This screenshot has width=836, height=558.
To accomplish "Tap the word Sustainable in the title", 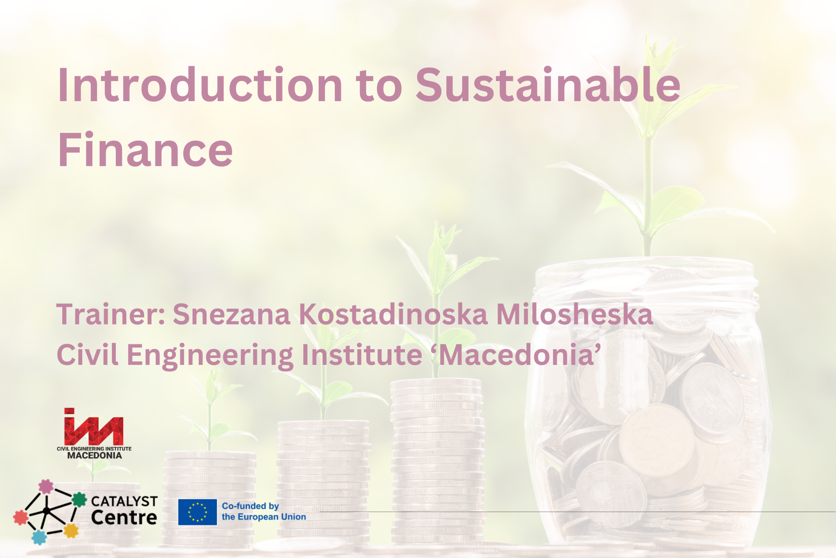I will point(548,86).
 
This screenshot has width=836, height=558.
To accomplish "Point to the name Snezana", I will point(231,314).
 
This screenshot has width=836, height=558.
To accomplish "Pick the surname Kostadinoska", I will point(393,314).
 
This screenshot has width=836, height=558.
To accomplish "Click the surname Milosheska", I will point(574,314).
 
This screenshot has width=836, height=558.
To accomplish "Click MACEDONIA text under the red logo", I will point(94,456).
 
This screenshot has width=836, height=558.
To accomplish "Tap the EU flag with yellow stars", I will point(198,512).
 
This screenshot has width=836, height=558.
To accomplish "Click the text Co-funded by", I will point(250,506).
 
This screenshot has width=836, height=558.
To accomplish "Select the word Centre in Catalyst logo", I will point(124,518).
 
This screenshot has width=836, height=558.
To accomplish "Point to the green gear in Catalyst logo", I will point(79,500).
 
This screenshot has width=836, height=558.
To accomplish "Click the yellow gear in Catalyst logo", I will point(71,531).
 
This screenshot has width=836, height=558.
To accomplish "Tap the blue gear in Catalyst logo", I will point(39,538).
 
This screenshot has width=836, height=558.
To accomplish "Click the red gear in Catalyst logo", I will point(20,517).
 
